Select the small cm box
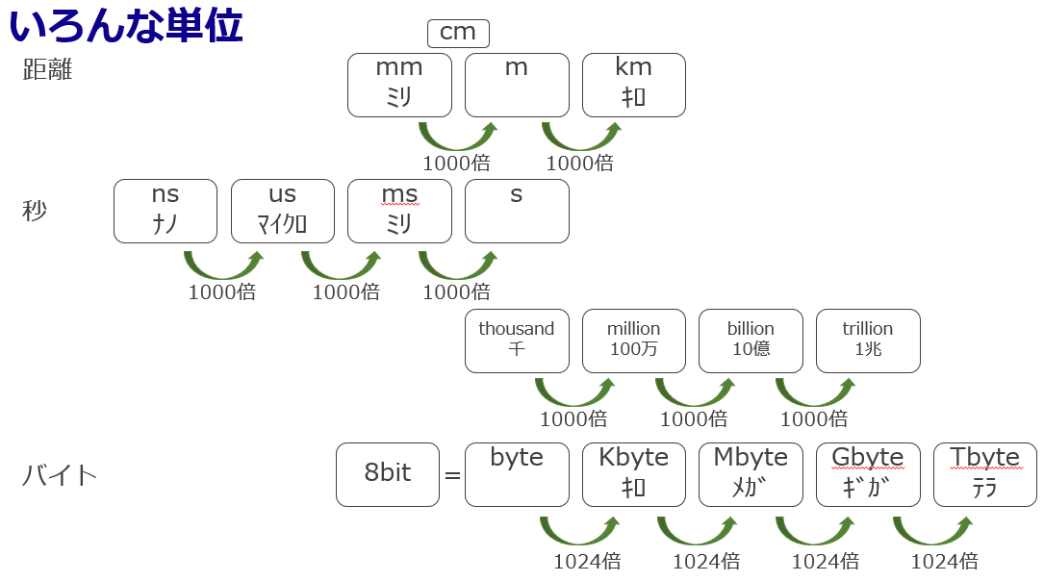coord(458,33)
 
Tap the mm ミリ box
coord(399,85)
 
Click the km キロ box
coord(633,85)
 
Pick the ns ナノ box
coord(166,211)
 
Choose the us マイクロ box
coord(283,211)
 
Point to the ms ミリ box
coord(399,211)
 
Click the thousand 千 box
coord(517,341)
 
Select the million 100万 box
coord(633,341)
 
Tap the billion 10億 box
coord(751,341)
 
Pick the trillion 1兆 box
coord(868,341)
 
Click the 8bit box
coord(388,474)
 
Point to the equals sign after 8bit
coord(452,475)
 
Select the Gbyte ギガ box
coord(868,474)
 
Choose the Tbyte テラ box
coord(984,474)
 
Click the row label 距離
coord(48,70)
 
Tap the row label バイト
coord(60,475)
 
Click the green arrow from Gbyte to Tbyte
coord(931,530)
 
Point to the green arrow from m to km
coord(581,136)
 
